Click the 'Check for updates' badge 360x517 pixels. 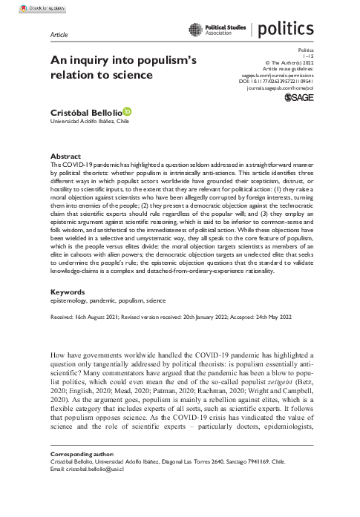(x=27, y=7)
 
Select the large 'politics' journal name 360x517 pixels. (x=285, y=30)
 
